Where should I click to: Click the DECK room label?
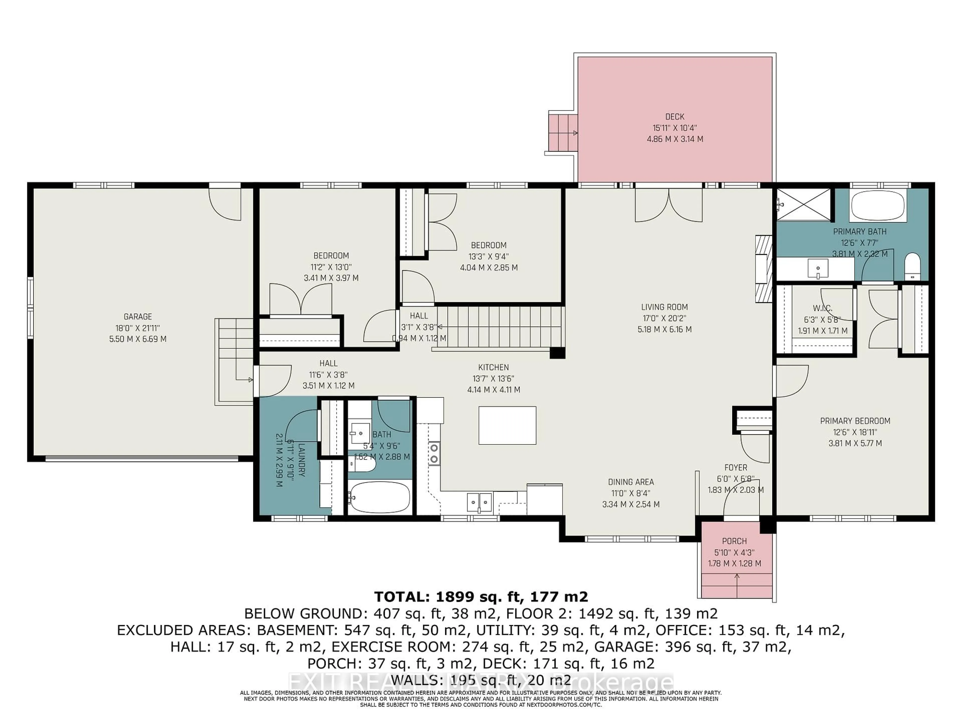click(675, 116)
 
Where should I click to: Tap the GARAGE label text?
click(138, 317)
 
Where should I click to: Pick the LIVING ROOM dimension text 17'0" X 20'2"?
click(664, 318)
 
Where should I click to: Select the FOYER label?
click(736, 468)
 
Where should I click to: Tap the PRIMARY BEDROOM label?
click(855, 421)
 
